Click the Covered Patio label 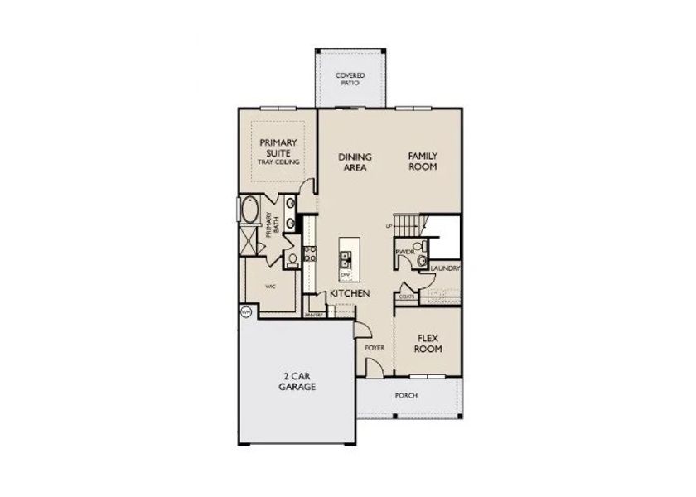[x=350, y=80]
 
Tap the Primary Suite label [x=278, y=152]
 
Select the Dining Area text [x=355, y=162]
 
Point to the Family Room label [x=423, y=162]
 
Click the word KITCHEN [x=350, y=294]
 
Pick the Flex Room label [x=428, y=343]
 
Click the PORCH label [x=406, y=396]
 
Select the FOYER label [x=375, y=348]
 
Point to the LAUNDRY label [x=446, y=268]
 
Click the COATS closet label [x=406, y=296]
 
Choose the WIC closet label [x=270, y=286]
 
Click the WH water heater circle [x=245, y=312]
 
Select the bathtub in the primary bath [x=249, y=212]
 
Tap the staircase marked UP [x=406, y=224]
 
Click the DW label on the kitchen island [x=346, y=273]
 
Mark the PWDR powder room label [x=404, y=251]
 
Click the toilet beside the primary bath [x=292, y=259]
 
